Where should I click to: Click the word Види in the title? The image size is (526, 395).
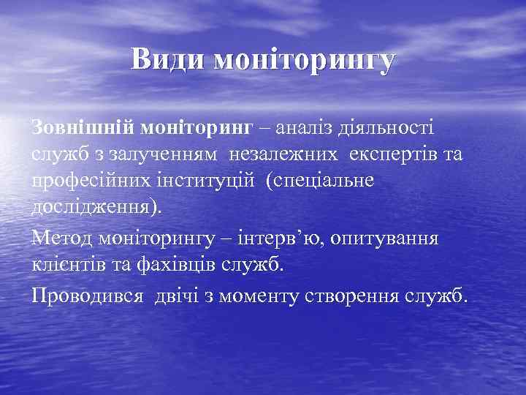click(167, 59)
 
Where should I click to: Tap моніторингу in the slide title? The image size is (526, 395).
click(303, 61)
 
